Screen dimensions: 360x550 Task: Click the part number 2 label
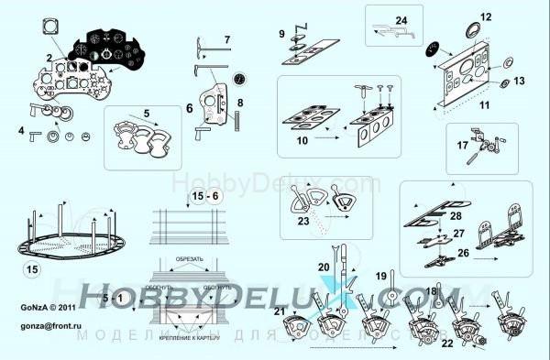48,57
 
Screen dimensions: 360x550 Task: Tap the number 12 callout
486,16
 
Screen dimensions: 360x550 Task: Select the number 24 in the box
401,20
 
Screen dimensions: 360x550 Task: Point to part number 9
282,34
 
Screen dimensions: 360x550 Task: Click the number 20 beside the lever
324,266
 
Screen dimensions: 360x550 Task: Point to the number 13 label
520,82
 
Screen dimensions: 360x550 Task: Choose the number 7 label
227,40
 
